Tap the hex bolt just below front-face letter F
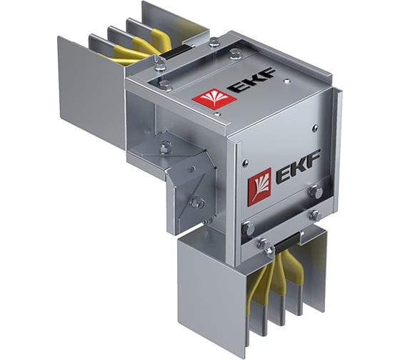tap(314, 191)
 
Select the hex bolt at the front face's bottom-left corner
tap(248, 229)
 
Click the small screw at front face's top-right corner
tap(315, 128)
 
